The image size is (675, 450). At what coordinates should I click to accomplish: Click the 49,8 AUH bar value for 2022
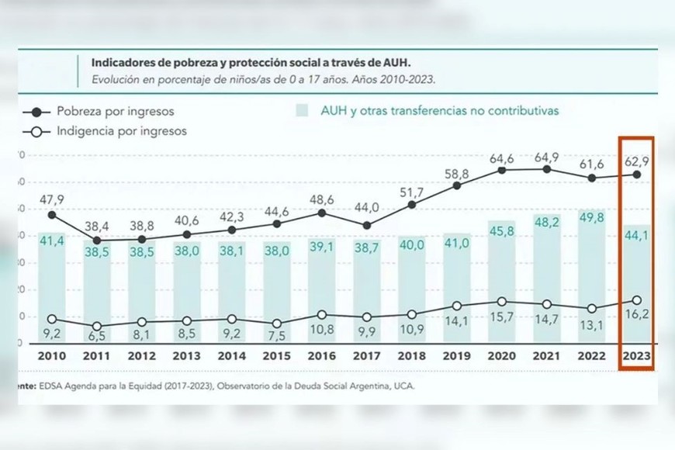591,216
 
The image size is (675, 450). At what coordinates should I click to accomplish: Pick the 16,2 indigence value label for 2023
636,317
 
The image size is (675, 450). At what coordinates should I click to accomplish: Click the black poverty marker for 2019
457,185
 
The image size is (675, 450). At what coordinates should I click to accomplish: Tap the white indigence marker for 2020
502,302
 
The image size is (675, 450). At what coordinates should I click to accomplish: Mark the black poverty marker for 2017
367,226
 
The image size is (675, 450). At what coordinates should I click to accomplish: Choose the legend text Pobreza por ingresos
115,111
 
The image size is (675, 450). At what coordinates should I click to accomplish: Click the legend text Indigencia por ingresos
121,131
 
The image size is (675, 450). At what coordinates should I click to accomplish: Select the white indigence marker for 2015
276,323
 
